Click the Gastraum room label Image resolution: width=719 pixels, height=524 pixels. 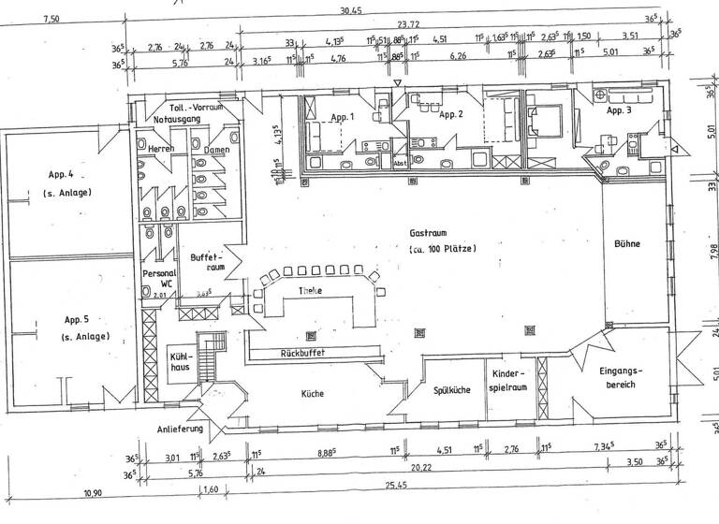426,233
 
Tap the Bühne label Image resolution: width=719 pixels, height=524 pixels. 627,244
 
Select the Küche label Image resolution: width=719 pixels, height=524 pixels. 313,394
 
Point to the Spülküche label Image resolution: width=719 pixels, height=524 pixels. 451,390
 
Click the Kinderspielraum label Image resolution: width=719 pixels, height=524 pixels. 510,380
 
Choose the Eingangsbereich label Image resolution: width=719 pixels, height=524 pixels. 622,379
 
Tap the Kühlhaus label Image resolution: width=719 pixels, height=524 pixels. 181,362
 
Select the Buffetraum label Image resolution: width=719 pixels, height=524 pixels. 205,261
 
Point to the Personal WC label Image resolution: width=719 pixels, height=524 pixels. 157,279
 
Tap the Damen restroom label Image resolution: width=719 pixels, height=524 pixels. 216,150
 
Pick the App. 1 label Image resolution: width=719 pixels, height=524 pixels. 343,117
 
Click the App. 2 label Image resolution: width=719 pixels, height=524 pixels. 451,114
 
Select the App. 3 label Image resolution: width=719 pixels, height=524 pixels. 620,110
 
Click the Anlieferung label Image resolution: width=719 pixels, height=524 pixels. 181,430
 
